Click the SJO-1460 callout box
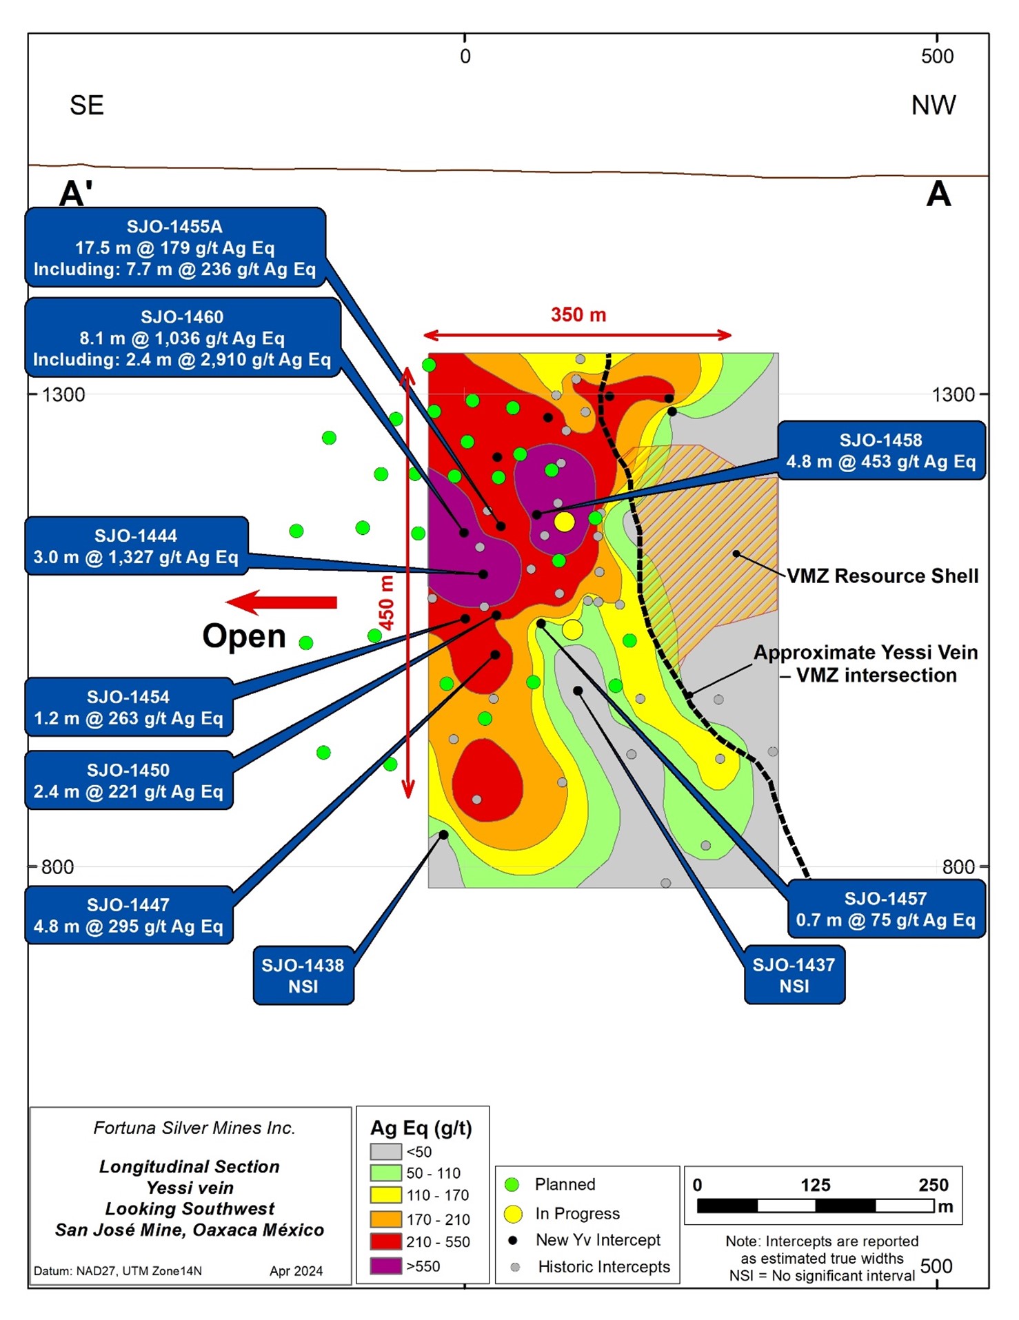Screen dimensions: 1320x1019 pyautogui.click(x=183, y=338)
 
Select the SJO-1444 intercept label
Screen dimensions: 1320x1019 pyautogui.click(x=136, y=547)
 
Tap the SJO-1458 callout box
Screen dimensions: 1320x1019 pyautogui.click(x=880, y=451)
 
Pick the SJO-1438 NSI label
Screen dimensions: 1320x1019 pyautogui.click(x=303, y=975)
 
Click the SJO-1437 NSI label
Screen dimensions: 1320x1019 pyautogui.click(x=794, y=975)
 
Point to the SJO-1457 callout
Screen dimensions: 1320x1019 pyautogui.click(x=885, y=909)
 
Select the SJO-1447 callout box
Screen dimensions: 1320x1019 pyautogui.click(x=128, y=915)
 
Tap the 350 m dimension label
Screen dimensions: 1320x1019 pyautogui.click(x=578, y=315)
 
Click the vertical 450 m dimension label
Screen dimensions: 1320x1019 pyautogui.click(x=387, y=602)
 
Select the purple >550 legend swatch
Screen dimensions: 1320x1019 pyautogui.click(x=385, y=1266)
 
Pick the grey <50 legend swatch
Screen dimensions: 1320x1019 pyautogui.click(x=385, y=1152)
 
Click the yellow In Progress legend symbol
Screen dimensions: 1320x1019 pyautogui.click(x=513, y=1214)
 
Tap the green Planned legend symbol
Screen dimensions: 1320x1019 pyautogui.click(x=512, y=1185)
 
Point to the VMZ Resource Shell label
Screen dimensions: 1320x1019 pyautogui.click(x=882, y=576)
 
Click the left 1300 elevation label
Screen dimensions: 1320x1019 pyautogui.click(x=63, y=395)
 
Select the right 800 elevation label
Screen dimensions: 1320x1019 pyautogui.click(x=958, y=867)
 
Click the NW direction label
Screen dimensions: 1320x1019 pyautogui.click(x=933, y=105)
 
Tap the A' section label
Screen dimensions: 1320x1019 pyautogui.click(x=76, y=194)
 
